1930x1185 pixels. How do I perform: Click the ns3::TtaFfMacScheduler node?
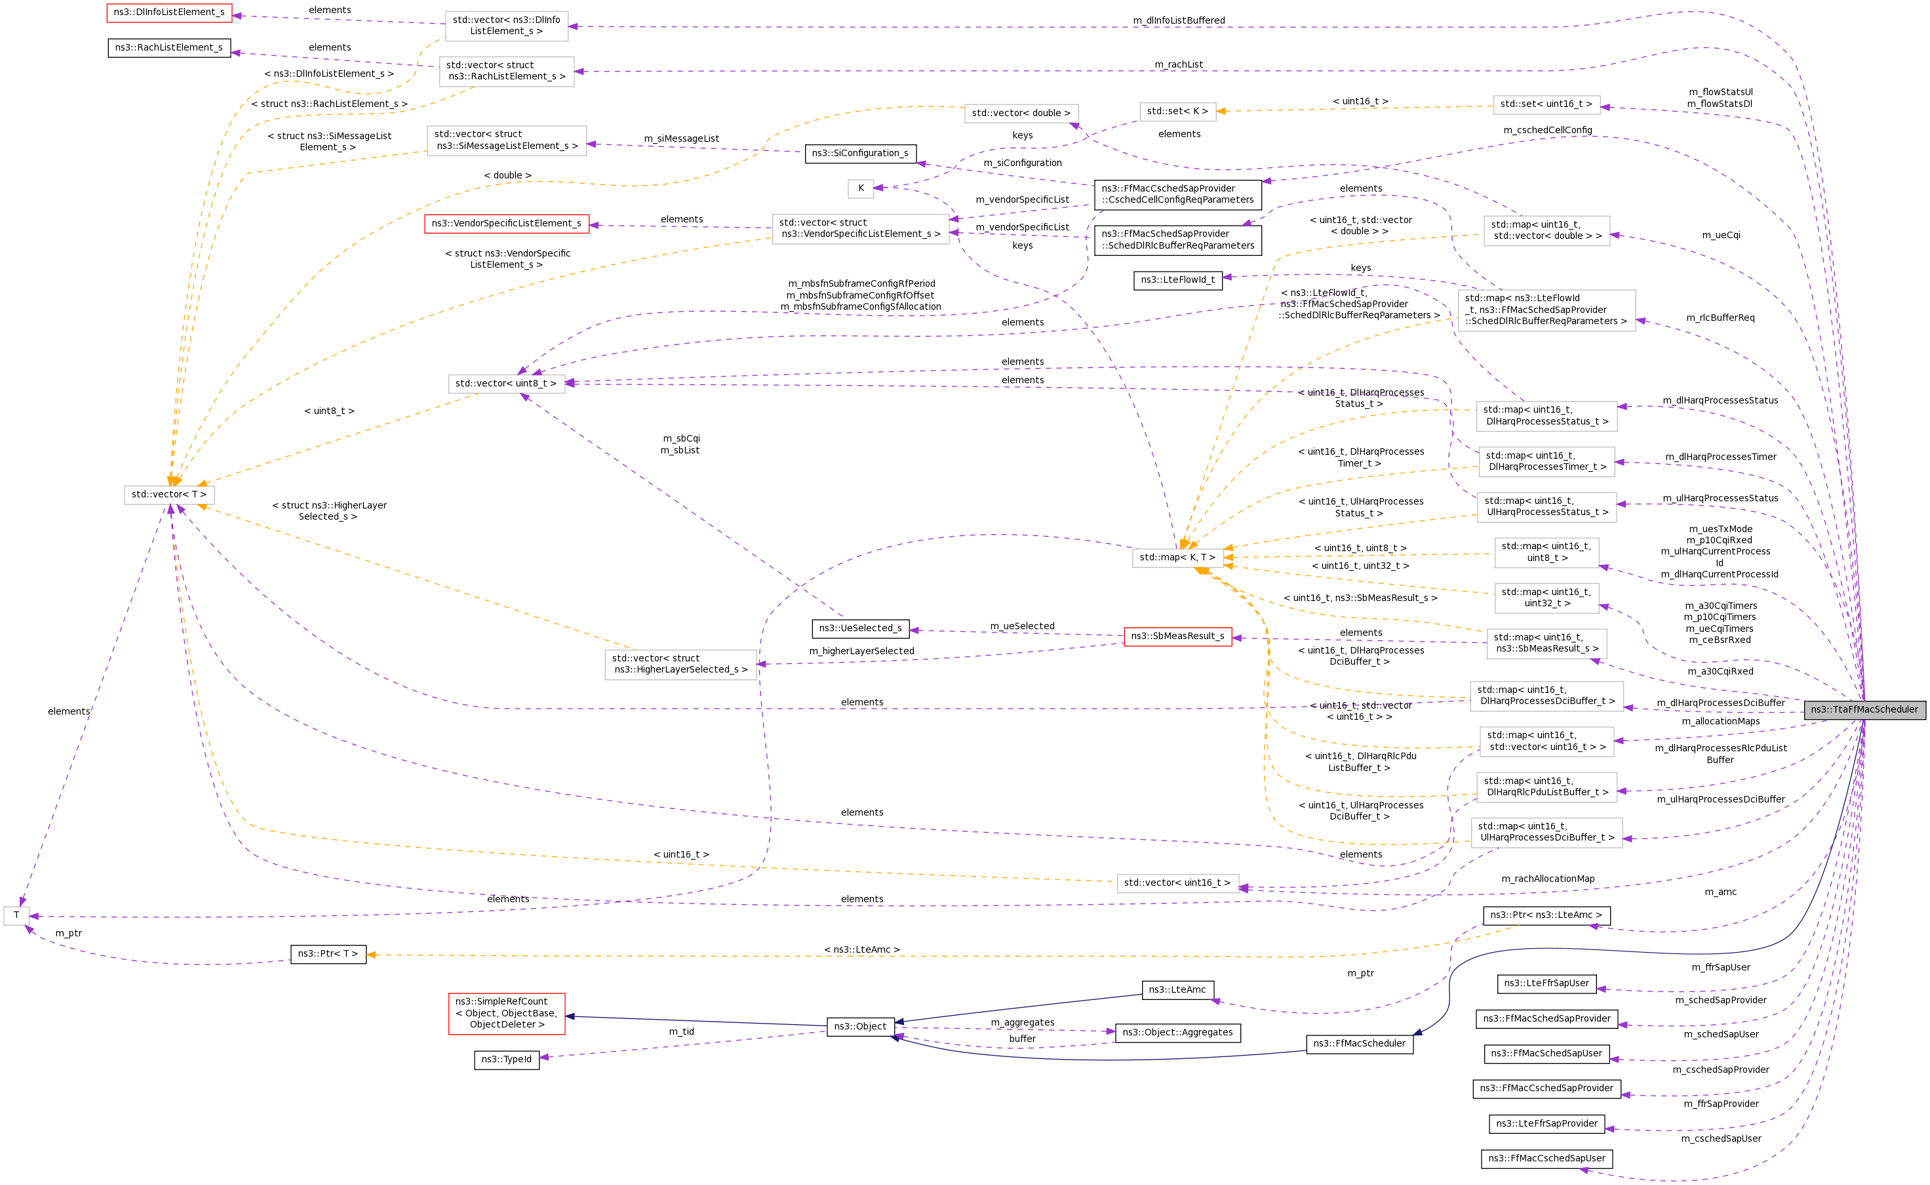tap(1864, 710)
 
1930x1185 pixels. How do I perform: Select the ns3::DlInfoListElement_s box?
tap(169, 12)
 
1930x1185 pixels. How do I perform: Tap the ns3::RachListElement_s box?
tap(169, 48)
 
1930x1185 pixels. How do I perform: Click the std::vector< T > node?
tap(169, 495)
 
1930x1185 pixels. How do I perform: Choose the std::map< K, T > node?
tap(1177, 557)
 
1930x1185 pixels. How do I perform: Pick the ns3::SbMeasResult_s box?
tap(1177, 636)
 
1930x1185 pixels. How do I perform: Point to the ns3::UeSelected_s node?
tap(860, 629)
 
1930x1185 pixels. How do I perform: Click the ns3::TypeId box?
tap(506, 1060)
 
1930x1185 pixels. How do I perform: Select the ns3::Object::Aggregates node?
tap(1177, 1033)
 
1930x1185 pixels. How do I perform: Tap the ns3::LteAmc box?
tap(1177, 990)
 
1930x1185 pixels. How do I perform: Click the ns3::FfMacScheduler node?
tap(1359, 1044)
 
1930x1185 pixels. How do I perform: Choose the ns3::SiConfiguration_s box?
tap(860, 154)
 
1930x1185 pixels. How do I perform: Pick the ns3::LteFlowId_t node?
tap(1177, 280)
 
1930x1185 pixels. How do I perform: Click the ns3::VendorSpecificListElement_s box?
tap(506, 223)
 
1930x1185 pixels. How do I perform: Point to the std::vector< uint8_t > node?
tap(506, 383)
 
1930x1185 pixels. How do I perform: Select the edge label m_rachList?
tap(1178, 64)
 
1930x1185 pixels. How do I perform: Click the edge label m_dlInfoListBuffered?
tap(1178, 20)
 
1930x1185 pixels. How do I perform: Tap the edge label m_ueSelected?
tap(1022, 626)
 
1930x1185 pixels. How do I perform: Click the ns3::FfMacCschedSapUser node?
tap(1546, 1158)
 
